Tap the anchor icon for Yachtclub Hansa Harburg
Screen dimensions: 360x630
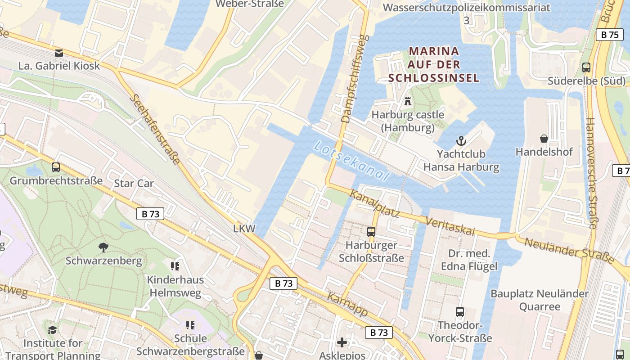tap(461, 141)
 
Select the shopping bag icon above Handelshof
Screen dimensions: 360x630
tap(544, 139)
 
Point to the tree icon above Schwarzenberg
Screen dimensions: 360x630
tap(103, 247)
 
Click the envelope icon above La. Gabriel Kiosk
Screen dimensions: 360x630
tap(59, 53)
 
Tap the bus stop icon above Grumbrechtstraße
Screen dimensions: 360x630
tap(56, 167)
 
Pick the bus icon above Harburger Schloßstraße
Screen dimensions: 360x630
tap(371, 232)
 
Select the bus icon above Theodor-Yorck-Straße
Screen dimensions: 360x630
tap(460, 312)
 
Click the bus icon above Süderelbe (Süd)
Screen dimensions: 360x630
tap(586, 67)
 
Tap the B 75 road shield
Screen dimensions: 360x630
tap(610, 35)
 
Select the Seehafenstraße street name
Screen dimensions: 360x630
tap(155, 129)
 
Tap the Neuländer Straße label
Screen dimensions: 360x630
tap(570, 250)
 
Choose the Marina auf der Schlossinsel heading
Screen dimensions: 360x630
tap(434, 64)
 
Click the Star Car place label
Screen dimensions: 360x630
tap(134, 183)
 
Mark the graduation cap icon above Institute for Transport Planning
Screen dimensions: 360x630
tap(53, 330)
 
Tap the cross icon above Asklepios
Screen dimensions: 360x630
tap(342, 342)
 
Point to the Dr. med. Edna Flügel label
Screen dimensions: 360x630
tap(469, 260)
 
